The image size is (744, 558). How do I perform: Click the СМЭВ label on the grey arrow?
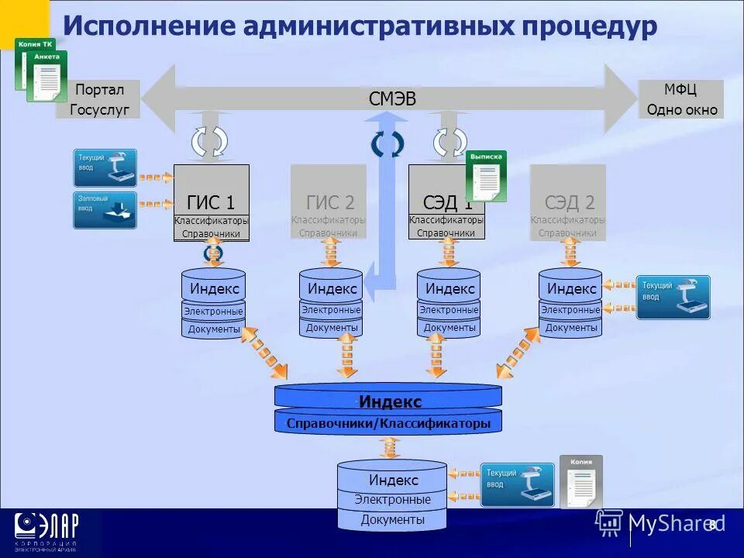[x=392, y=98]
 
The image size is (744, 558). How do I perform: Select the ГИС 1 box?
[x=212, y=202]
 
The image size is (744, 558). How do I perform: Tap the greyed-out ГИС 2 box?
[x=329, y=202]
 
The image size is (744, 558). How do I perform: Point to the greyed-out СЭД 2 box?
[x=568, y=202]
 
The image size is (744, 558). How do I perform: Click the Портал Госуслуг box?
[x=98, y=99]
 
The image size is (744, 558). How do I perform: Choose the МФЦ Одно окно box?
[x=681, y=99]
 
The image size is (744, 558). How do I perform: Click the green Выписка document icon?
[x=486, y=176]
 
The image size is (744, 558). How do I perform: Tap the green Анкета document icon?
[x=46, y=77]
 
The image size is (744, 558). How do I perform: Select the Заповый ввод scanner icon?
[x=105, y=210]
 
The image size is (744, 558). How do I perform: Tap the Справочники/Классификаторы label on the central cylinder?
[x=388, y=424]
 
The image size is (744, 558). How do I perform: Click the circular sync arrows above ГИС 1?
[x=210, y=140]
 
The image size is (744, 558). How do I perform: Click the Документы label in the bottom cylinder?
[x=392, y=519]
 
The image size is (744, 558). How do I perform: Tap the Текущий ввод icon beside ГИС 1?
[x=105, y=168]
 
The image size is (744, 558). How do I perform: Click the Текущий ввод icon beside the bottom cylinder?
[x=518, y=484]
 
